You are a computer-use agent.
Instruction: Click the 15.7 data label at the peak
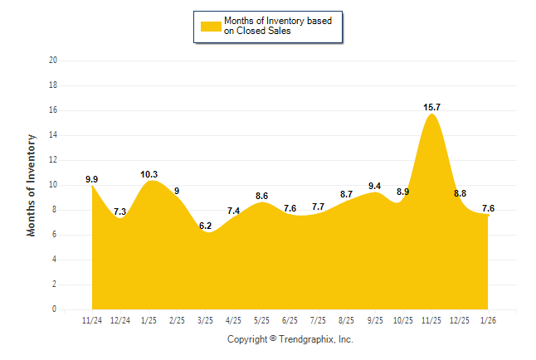coord(431,107)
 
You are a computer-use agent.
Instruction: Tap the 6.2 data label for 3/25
coord(205,226)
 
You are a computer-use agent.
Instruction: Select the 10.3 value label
coord(149,174)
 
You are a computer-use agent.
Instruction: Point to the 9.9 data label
coord(92,179)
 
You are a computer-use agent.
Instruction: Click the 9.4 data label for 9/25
coord(374,186)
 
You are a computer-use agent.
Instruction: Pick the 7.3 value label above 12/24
coord(119,212)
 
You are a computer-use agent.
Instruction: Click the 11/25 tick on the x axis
coord(431,320)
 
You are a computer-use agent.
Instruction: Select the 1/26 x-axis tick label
coord(488,320)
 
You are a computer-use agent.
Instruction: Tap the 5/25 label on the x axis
coord(261,320)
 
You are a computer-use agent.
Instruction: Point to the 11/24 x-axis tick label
coord(92,320)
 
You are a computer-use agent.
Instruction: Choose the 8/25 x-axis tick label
coord(346,320)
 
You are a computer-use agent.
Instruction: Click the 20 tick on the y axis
coord(53,61)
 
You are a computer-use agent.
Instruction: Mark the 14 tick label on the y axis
coord(53,135)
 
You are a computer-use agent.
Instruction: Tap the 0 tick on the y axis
coord(55,309)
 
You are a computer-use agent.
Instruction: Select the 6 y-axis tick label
coord(55,235)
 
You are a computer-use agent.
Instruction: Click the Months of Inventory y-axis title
coord(32,185)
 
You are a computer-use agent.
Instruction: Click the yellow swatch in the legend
coord(210,26)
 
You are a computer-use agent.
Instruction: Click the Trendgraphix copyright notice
coord(290,339)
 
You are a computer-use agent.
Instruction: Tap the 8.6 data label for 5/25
coord(261,196)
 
